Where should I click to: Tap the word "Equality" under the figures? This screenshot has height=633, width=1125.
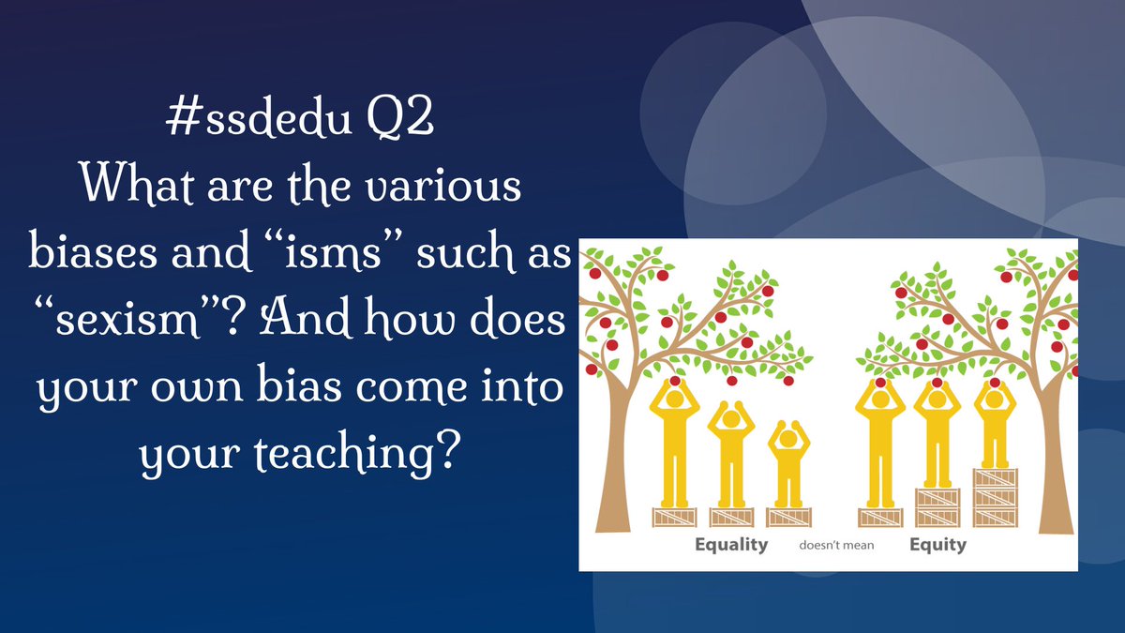(x=731, y=545)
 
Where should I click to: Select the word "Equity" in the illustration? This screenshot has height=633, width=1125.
(x=937, y=545)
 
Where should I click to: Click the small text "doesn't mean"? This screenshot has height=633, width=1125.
(x=836, y=545)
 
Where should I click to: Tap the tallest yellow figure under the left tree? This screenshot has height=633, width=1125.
(x=674, y=442)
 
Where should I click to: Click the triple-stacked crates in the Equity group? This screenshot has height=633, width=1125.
(x=996, y=497)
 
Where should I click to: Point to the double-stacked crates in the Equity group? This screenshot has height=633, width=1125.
(x=937, y=507)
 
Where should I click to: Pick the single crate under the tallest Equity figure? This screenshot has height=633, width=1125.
(x=880, y=518)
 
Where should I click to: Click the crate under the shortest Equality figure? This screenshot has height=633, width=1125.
(x=788, y=518)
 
